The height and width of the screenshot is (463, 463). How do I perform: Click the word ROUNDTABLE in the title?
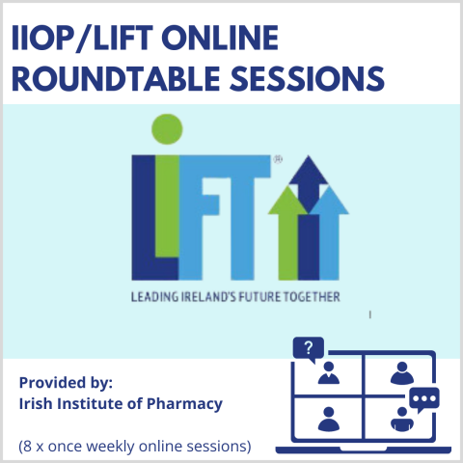click(x=116, y=79)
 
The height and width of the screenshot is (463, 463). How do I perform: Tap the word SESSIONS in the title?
click(x=307, y=79)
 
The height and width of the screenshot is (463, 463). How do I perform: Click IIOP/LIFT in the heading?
click(x=82, y=38)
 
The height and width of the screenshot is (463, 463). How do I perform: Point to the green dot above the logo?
click(x=167, y=129)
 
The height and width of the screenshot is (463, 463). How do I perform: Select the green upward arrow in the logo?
click(x=287, y=233)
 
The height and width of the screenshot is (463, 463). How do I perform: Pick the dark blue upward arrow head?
click(x=309, y=183)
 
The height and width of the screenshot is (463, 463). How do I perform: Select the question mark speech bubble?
click(x=309, y=349)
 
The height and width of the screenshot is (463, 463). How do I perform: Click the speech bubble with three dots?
click(x=424, y=399)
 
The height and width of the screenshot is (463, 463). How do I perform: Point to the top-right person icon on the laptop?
click(x=402, y=373)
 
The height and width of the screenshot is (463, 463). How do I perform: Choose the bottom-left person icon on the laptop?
click(x=329, y=419)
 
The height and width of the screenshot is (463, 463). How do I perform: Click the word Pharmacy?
click(x=184, y=404)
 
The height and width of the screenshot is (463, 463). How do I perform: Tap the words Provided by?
click(x=66, y=383)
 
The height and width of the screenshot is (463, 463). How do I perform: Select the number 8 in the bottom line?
click(x=28, y=447)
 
